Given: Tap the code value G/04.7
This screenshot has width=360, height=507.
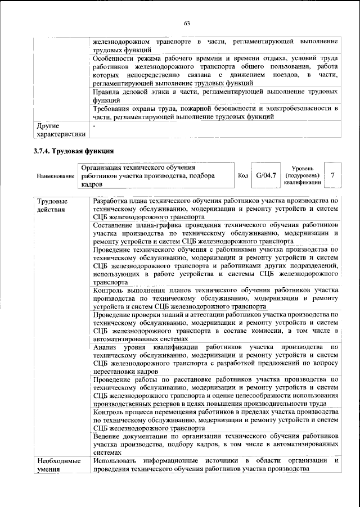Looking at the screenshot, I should [x=265, y=175].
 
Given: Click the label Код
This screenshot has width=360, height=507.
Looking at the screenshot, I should [x=243, y=176].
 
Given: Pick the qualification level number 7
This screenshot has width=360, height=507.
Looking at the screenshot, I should [x=332, y=175].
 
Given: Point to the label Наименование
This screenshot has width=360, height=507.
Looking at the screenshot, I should [x=56, y=176].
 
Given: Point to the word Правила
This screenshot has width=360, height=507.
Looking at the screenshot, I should [x=109, y=90].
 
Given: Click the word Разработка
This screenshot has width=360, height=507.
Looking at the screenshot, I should [x=114, y=201].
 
